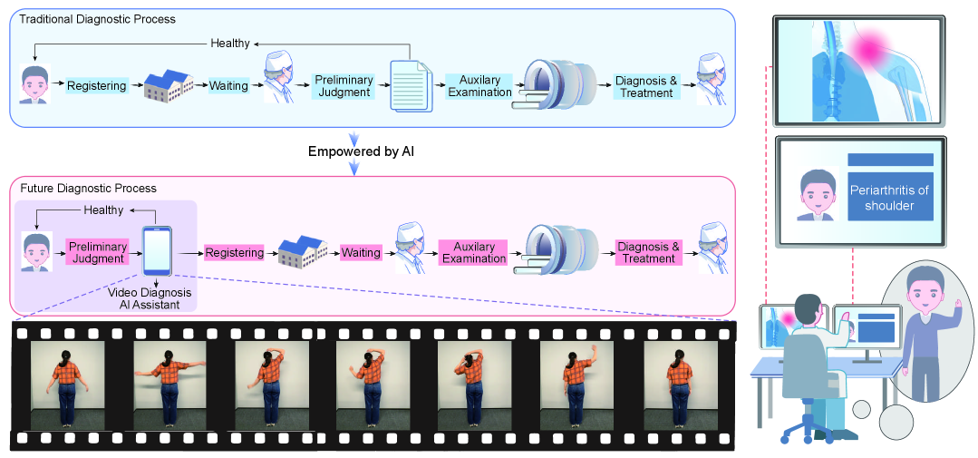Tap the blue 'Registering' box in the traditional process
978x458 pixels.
[98, 85]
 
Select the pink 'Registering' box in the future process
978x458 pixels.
[234, 252]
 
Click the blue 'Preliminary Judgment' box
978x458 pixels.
[343, 86]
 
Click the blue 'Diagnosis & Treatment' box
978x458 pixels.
[645, 86]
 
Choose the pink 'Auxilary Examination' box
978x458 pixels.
[473, 252]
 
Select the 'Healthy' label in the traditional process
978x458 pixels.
[229, 43]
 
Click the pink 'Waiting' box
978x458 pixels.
[361, 252]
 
